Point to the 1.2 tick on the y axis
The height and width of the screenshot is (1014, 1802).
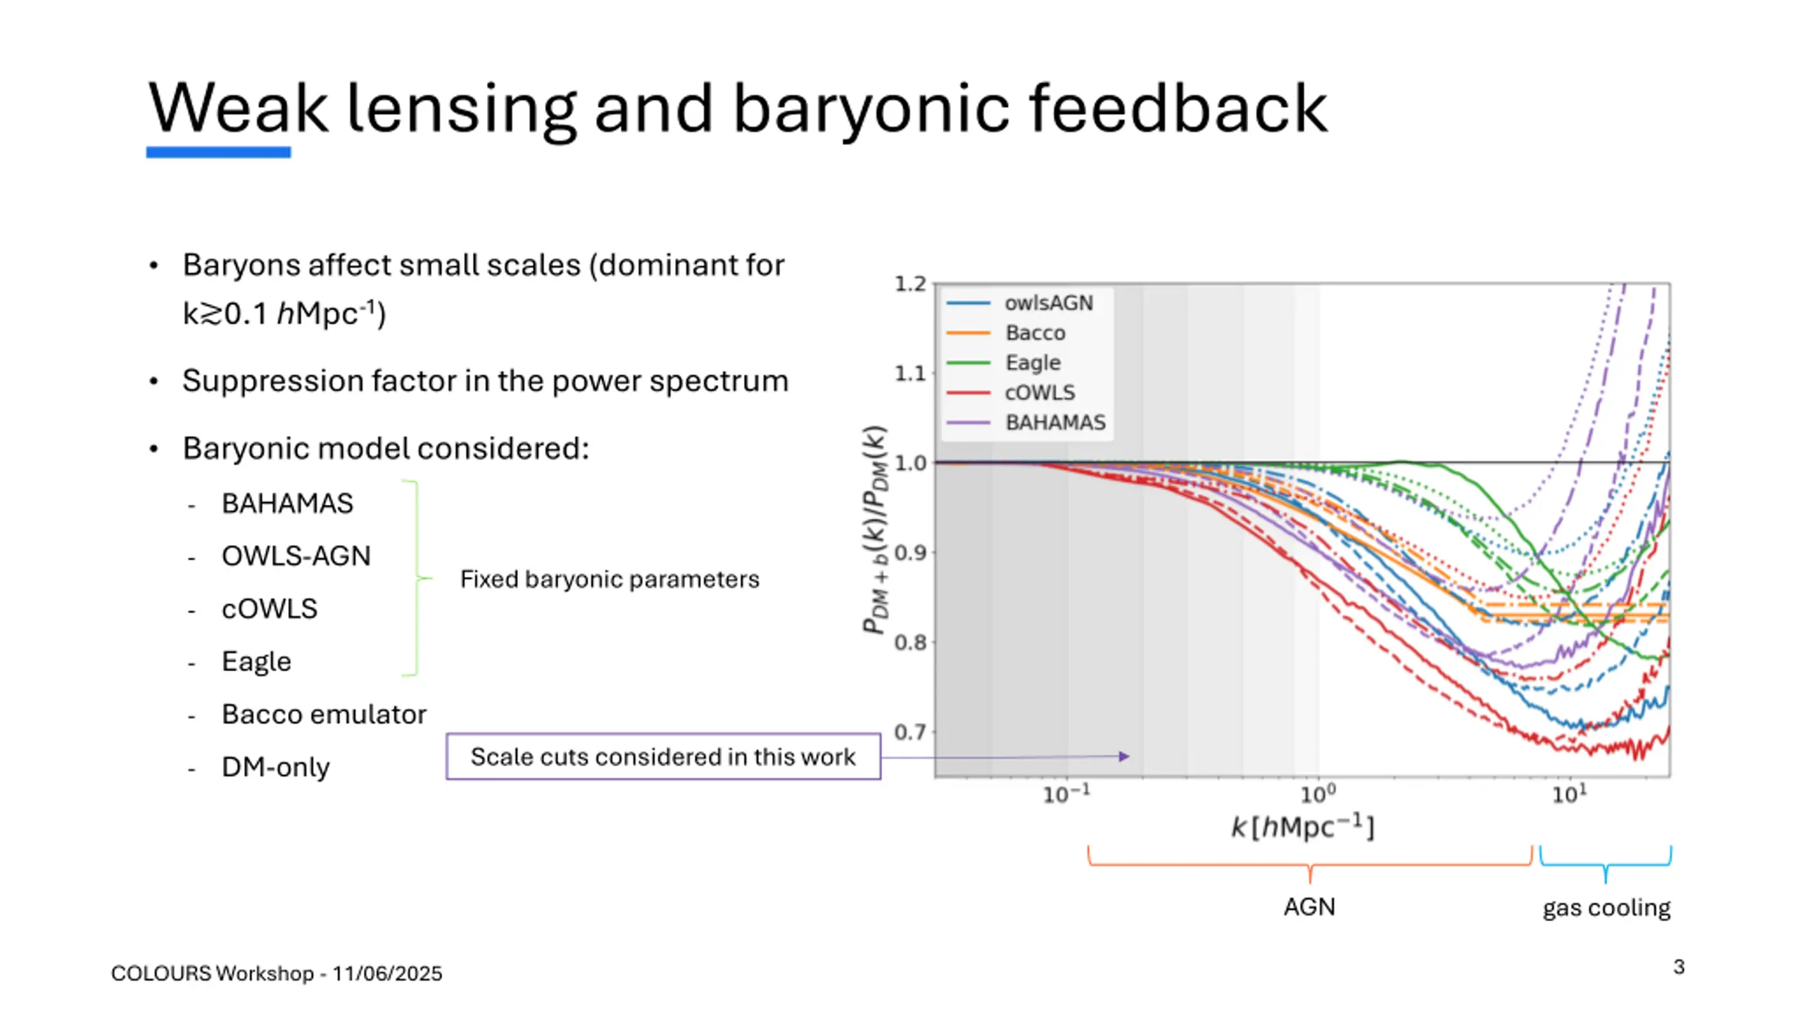pos(910,284)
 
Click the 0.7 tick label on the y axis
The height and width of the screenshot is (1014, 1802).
pos(910,732)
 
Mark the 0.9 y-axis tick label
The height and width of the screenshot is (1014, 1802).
pos(910,553)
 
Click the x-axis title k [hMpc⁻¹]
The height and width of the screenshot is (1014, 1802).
pos(1302,827)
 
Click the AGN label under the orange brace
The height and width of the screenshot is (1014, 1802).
pos(1309,907)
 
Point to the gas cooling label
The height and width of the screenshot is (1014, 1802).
pos(1606,908)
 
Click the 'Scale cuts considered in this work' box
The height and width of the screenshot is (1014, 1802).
pos(663,757)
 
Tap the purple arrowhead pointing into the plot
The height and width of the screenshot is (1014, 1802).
pos(1124,756)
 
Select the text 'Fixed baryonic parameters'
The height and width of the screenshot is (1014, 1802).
pos(610,579)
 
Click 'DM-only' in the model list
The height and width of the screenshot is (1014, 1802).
pos(275,767)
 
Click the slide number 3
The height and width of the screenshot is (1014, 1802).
pos(1679,967)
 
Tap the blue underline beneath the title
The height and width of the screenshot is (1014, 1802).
pos(218,152)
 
